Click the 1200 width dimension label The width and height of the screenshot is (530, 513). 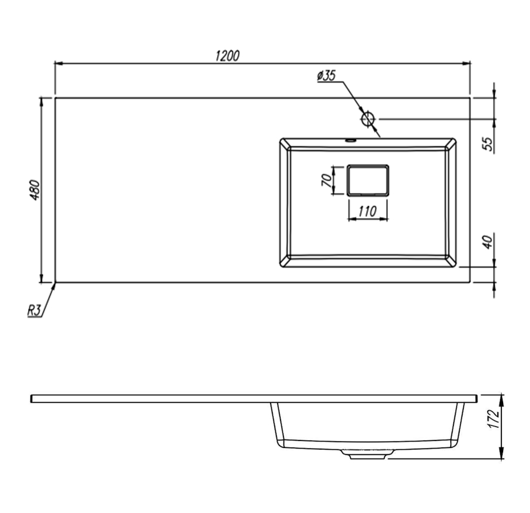[x=227, y=56]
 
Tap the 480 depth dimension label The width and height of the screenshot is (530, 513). [x=35, y=190]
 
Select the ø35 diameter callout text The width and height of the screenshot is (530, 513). [x=327, y=76]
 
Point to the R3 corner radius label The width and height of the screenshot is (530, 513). [x=34, y=310]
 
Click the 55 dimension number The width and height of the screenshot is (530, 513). [x=487, y=144]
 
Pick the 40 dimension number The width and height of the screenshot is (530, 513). [x=487, y=242]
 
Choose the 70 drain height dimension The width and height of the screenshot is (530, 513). [x=327, y=180]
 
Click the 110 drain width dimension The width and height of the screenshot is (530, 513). [x=367, y=211]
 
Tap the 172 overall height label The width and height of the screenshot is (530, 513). [x=494, y=419]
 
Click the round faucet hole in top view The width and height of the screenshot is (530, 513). [x=368, y=119]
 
